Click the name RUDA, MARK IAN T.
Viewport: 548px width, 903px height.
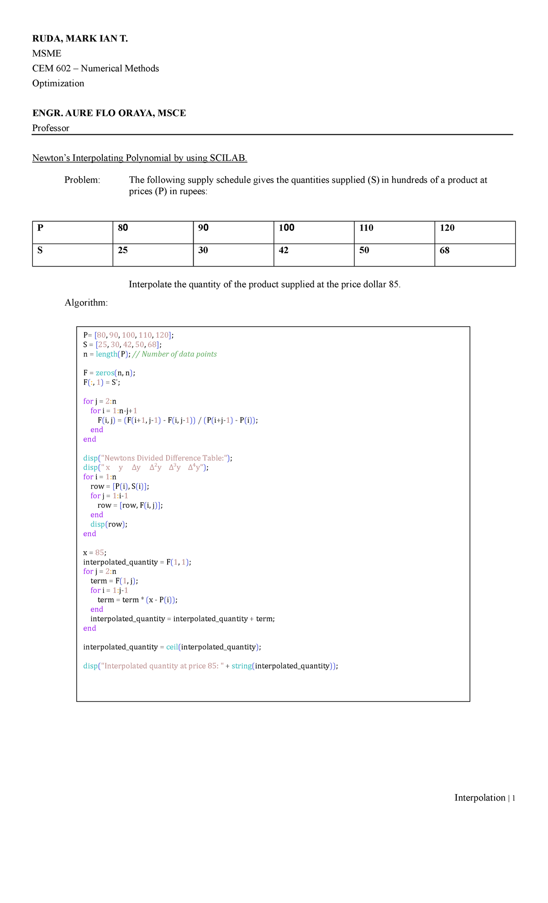tap(80, 39)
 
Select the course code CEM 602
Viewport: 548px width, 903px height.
tap(51, 69)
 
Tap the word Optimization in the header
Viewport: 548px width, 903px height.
tap(58, 83)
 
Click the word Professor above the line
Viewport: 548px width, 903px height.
tap(51, 128)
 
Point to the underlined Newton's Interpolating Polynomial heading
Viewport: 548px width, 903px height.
tap(139, 158)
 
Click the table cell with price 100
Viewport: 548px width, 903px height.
tap(314, 232)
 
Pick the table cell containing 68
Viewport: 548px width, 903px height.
tap(474, 255)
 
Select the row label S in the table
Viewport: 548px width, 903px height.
tap(72, 255)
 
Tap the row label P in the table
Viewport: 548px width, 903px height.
tap(72, 232)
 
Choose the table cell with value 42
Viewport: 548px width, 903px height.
tap(314, 255)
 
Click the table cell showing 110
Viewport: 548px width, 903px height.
tap(394, 232)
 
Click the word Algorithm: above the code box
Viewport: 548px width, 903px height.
tap(86, 303)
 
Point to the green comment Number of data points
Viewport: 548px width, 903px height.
tap(179, 354)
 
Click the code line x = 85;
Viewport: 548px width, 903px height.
tap(95, 552)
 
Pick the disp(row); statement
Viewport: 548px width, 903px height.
tap(109, 524)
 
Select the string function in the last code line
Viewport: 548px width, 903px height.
tap(241, 666)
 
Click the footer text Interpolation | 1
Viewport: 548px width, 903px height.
tap(484, 798)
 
